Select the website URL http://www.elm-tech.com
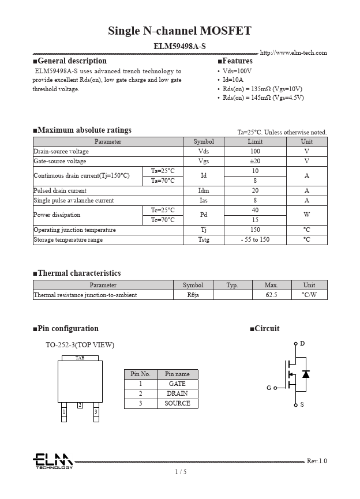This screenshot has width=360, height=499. click(293, 53)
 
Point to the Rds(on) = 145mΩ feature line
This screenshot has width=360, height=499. click(263, 97)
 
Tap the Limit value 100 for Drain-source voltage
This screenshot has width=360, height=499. click(255, 151)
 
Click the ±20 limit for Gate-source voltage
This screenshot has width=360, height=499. click(255, 161)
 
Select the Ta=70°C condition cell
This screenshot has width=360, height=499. click(163, 181)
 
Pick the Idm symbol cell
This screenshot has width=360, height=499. click(204, 190)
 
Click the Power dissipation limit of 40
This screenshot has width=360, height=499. click(255, 210)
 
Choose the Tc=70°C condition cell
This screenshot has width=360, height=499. click(163, 220)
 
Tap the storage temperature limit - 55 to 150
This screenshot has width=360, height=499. click(255, 239)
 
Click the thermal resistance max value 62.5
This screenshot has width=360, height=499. click(271, 295)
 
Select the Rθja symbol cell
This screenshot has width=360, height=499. click(193, 295)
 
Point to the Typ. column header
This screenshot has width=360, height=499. click(232, 285)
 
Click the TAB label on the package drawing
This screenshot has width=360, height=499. click(80, 358)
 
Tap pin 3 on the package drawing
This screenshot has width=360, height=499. click(96, 411)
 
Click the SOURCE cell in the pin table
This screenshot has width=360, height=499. click(177, 403)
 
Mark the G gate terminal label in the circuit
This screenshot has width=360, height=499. click(269, 388)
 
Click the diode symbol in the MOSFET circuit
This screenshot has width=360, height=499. click(306, 374)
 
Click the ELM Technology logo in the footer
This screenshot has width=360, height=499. click(52, 461)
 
